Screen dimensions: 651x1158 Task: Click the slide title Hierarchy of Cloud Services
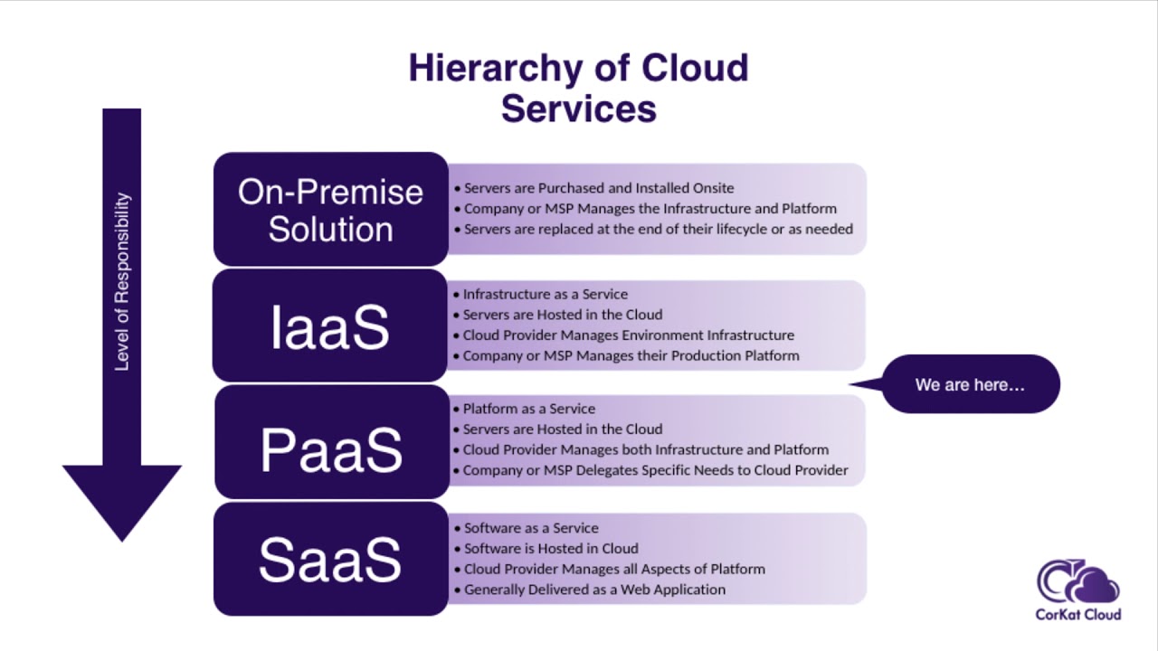(x=578, y=88)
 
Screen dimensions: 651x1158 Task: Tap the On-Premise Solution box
(x=330, y=209)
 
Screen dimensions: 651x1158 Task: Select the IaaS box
(x=330, y=325)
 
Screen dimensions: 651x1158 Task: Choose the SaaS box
(x=330, y=559)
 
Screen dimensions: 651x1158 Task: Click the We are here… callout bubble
(x=970, y=384)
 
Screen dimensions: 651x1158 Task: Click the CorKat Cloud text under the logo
(x=1078, y=615)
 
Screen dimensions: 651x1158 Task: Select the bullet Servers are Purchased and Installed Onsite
(x=598, y=188)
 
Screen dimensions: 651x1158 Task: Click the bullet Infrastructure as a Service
(x=545, y=294)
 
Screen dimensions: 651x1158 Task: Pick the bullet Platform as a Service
(x=528, y=409)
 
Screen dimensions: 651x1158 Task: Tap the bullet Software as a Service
(x=531, y=528)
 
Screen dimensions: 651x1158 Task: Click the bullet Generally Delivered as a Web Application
(x=594, y=590)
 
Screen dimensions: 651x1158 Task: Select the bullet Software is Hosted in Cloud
(x=551, y=548)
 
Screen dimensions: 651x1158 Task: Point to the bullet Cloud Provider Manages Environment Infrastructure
(x=628, y=335)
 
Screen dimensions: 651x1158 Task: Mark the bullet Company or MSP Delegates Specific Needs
(x=655, y=470)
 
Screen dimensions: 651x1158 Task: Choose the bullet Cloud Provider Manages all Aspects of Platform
(x=614, y=569)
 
